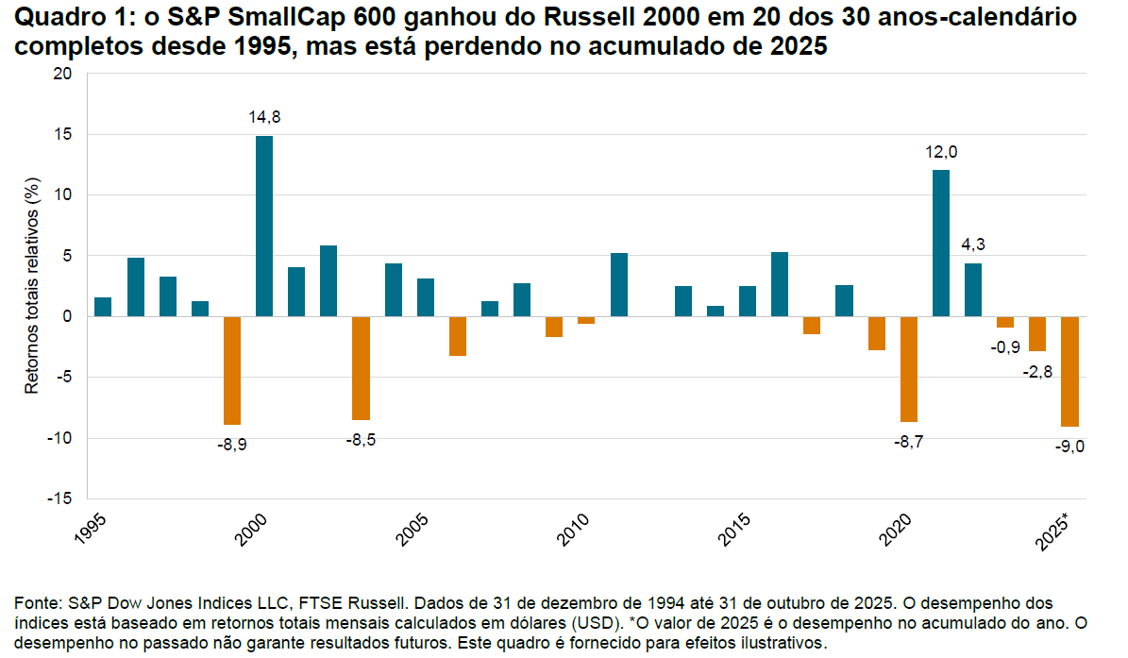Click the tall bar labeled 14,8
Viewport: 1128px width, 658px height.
(x=264, y=227)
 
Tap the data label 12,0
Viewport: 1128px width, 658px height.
(x=940, y=152)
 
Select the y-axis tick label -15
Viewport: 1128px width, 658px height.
(x=59, y=498)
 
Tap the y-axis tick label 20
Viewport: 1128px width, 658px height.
(x=63, y=75)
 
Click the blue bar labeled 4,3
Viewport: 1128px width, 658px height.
(x=973, y=290)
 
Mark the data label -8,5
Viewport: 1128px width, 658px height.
(x=361, y=440)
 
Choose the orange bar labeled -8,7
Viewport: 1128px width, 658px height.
(x=909, y=369)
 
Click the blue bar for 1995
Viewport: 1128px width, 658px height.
(x=103, y=307)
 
